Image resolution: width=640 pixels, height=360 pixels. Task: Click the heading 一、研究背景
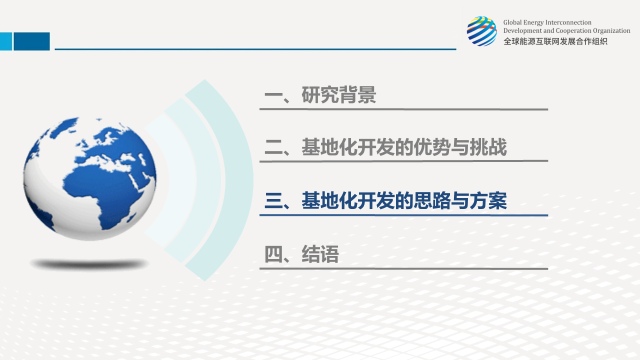[x=320, y=95]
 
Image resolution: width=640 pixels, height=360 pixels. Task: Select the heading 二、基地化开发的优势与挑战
[x=385, y=147]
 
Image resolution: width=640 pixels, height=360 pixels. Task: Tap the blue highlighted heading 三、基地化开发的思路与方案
[x=385, y=200]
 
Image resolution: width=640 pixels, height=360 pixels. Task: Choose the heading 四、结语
[x=301, y=254]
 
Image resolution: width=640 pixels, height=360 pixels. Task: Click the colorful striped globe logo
[x=481, y=31]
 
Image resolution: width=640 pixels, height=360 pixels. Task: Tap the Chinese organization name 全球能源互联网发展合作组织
[x=555, y=41]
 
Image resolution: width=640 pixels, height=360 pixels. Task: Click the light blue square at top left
[x=6, y=41]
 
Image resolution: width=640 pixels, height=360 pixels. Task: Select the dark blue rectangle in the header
[x=31, y=41]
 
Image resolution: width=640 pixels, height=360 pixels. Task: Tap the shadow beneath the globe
[x=89, y=264]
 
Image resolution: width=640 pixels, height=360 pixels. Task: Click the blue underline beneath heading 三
[x=403, y=215]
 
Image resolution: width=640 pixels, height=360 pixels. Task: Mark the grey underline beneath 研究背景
[x=403, y=109]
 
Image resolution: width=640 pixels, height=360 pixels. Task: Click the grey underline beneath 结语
[x=403, y=268]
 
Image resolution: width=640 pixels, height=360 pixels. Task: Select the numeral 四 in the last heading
[x=273, y=254]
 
